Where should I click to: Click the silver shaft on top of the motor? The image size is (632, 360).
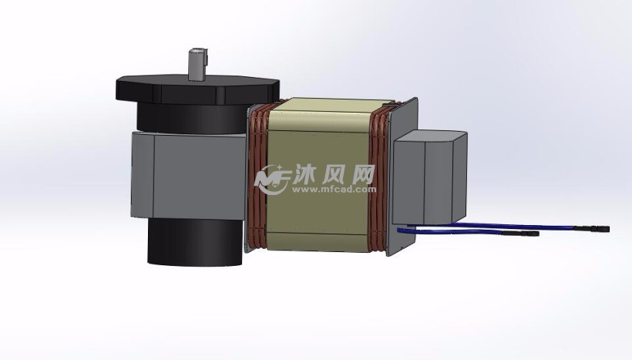pyautogui.click(x=197, y=65)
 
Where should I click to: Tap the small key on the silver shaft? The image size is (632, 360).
pyautogui.click(x=206, y=56)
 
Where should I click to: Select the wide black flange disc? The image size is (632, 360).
pyautogui.click(x=197, y=89)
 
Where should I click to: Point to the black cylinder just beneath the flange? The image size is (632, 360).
pyautogui.click(x=193, y=118)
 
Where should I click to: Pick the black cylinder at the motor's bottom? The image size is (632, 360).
pyautogui.click(x=196, y=242)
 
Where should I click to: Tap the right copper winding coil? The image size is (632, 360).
pyautogui.click(x=379, y=177)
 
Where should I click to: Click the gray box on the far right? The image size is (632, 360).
pyautogui.click(x=429, y=177)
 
